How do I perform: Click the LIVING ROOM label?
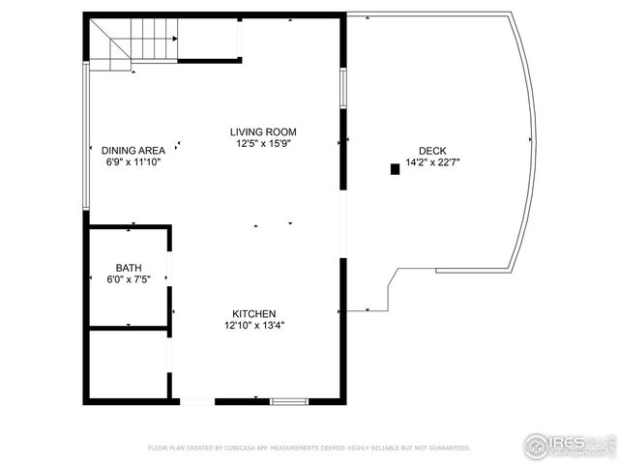[x=263, y=131]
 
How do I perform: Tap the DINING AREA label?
[x=133, y=150]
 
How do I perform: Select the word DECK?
[x=431, y=150]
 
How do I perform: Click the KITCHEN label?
[x=253, y=313]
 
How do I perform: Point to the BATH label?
[x=128, y=268]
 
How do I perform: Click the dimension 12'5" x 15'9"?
[x=263, y=144]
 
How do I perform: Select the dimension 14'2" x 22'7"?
[x=431, y=162]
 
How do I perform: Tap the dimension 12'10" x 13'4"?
[x=253, y=326]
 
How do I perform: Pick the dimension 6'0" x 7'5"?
[x=128, y=279]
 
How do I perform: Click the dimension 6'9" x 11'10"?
[x=133, y=162]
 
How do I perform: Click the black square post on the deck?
[x=395, y=169]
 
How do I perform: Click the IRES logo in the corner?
[x=570, y=445]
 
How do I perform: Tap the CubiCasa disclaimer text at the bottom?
[x=309, y=448]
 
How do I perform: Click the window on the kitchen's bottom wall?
[x=288, y=400]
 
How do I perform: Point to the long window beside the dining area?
[x=87, y=135]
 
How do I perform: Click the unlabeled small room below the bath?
[x=128, y=363]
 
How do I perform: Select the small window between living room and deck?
[x=342, y=88]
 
